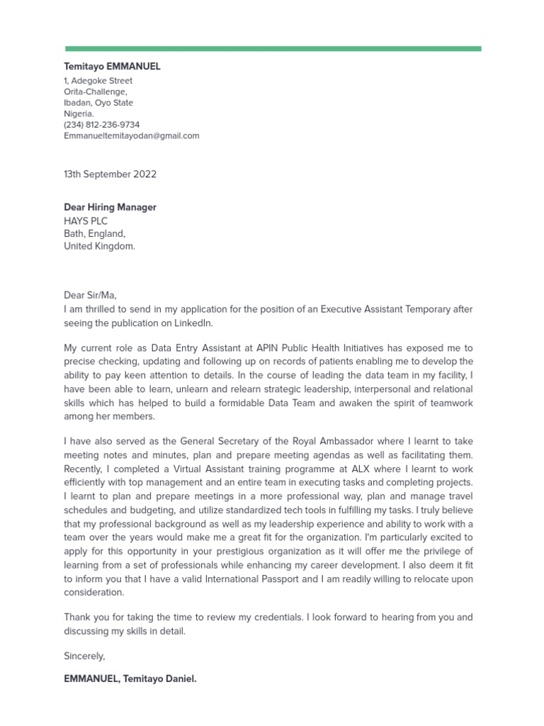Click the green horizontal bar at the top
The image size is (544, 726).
[x=273, y=49]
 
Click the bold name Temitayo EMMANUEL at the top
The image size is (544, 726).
[x=112, y=67]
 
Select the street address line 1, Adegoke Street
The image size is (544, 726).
[x=98, y=81]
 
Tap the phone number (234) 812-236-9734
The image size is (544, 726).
[x=102, y=125]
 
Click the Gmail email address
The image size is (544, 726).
[x=132, y=135]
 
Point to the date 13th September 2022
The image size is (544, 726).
[x=110, y=174]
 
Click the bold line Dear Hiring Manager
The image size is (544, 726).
[x=110, y=208]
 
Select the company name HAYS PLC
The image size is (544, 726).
[x=86, y=221]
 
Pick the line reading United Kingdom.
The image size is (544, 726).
[x=99, y=247]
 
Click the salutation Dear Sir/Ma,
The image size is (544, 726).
[x=90, y=296]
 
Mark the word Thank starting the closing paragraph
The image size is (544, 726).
[x=77, y=618]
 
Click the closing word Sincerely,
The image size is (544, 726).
[x=84, y=657]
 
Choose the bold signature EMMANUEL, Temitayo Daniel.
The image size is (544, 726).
[x=130, y=679]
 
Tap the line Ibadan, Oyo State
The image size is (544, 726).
[x=98, y=103]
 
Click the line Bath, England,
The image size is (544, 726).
[x=95, y=234]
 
